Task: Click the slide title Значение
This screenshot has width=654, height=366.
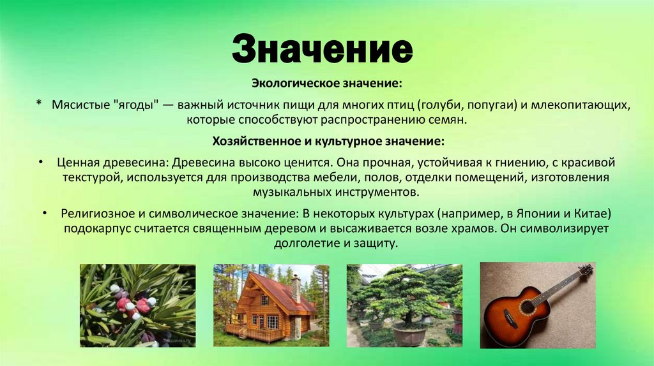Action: click(322, 50)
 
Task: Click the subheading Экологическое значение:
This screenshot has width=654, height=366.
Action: click(326, 84)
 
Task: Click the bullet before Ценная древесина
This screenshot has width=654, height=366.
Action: click(40, 163)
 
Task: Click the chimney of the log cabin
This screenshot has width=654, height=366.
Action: click(296, 288)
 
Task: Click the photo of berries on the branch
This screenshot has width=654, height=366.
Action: click(137, 305)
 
